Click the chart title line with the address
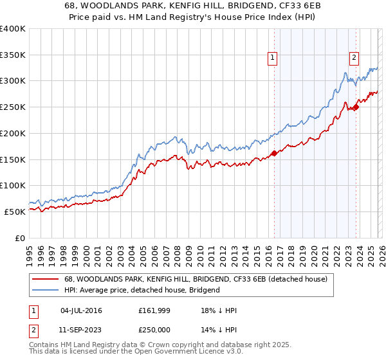pyautogui.click(x=192, y=5)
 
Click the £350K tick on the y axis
pyautogui.click(x=13, y=55)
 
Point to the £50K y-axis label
pyautogui.click(x=14, y=212)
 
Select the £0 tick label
pyautogui.click(x=19, y=238)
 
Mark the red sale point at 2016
pyautogui.click(x=274, y=153)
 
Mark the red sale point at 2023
pyautogui.click(x=356, y=107)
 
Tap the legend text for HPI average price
pyautogui.click(x=142, y=290)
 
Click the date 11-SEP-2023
pyautogui.click(x=81, y=329)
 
